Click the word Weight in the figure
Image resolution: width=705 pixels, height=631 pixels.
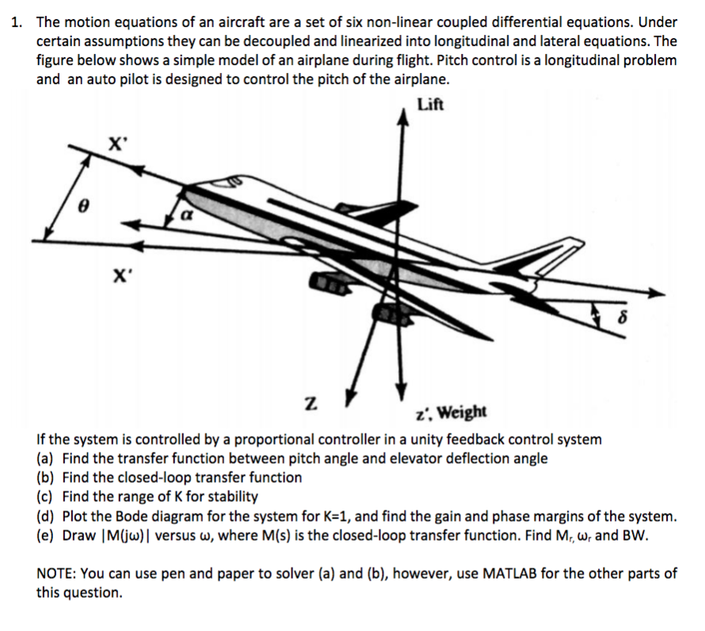(462, 412)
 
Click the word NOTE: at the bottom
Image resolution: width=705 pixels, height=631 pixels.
(59, 573)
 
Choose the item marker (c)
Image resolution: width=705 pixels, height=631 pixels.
(47, 497)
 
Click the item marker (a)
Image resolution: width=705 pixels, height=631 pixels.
(47, 458)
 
